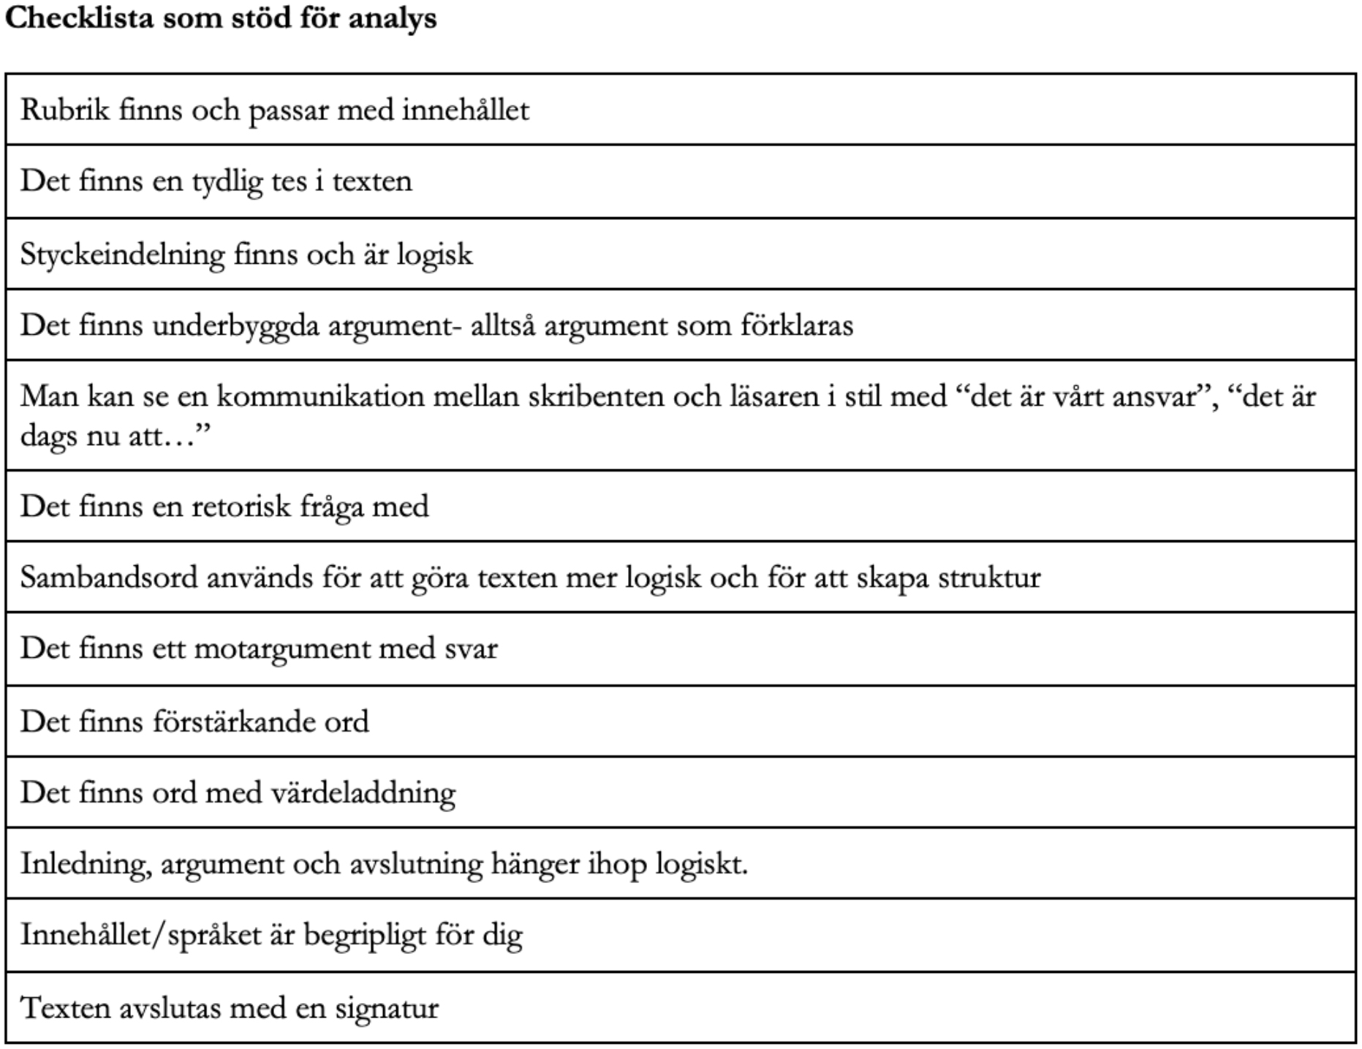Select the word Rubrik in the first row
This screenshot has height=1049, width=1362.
pos(65,110)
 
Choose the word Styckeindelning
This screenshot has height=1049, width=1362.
pos(122,254)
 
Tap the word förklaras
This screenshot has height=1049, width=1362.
pos(796,325)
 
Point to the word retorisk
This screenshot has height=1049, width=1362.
pos(241,506)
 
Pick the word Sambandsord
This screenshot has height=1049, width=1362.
pos(109,577)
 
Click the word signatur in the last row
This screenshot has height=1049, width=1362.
pos(387,1009)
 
